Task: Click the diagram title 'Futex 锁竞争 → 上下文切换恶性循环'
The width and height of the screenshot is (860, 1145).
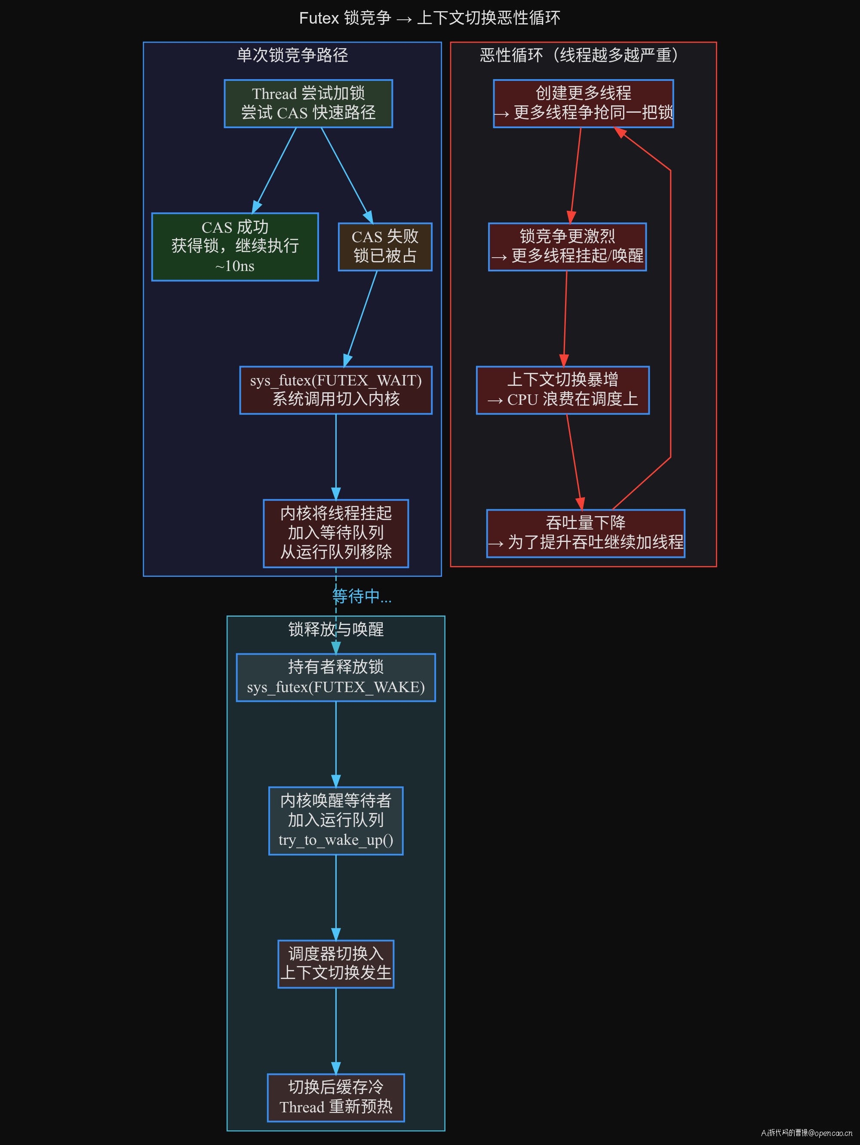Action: click(x=430, y=18)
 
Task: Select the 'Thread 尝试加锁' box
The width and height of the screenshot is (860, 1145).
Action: click(x=308, y=104)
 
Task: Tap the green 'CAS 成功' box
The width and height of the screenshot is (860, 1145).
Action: click(x=235, y=247)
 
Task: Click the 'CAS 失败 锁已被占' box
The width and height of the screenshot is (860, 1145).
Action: click(x=385, y=247)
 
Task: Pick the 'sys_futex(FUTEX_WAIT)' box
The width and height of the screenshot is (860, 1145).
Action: click(x=336, y=390)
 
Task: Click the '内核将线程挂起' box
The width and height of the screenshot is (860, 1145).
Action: click(x=336, y=533)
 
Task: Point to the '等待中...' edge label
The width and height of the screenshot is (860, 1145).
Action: click(x=362, y=596)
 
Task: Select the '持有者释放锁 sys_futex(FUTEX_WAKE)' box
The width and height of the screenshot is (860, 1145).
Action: click(x=336, y=677)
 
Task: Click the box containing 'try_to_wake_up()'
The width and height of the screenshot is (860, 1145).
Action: click(x=336, y=821)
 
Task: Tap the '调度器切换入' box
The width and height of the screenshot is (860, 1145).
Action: click(x=336, y=964)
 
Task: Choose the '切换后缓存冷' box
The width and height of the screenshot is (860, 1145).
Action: click(x=336, y=1097)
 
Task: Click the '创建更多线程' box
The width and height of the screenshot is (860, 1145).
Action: click(x=583, y=104)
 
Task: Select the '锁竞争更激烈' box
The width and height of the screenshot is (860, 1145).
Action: click(x=567, y=247)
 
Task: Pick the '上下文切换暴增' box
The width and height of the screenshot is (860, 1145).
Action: click(x=562, y=390)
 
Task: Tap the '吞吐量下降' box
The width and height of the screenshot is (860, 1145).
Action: click(x=585, y=533)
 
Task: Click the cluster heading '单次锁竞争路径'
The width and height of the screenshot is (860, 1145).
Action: click(x=292, y=55)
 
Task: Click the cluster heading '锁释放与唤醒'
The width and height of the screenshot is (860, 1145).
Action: click(x=336, y=629)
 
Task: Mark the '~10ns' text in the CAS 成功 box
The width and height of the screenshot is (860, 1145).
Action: click(x=234, y=266)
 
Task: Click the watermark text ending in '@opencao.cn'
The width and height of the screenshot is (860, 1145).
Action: click(x=806, y=1133)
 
